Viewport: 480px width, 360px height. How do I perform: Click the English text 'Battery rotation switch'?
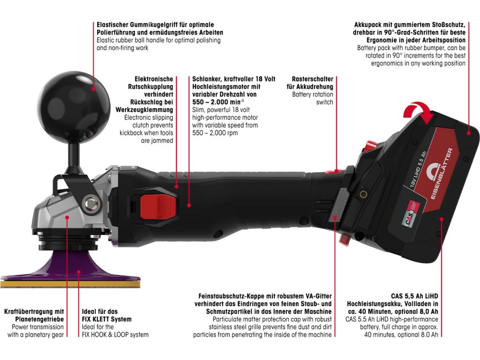click(x=313, y=98)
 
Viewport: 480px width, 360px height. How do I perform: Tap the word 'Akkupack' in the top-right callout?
click(x=368, y=25)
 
